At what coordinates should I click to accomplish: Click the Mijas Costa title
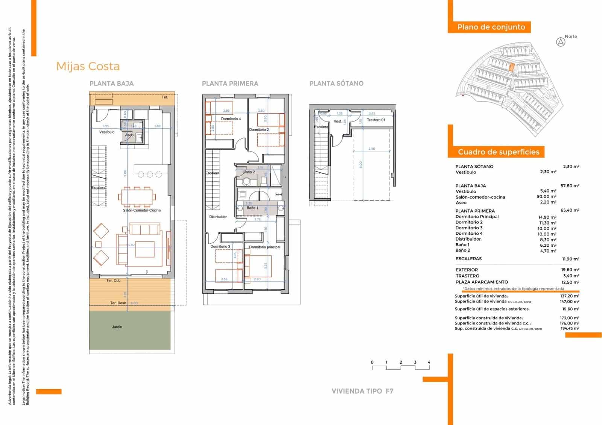pos(88,67)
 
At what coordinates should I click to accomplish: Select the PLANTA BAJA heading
pos(111,83)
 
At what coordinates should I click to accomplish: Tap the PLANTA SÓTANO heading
pos(336,83)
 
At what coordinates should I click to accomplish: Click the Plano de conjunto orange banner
pos(491,27)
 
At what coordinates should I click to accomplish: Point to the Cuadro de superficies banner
pos(498,152)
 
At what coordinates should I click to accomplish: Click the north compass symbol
pos(561,42)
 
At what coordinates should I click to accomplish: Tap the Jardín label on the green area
pos(117,327)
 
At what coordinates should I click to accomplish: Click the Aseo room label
pos(129,135)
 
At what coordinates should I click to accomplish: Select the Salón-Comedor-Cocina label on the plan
pos(141,210)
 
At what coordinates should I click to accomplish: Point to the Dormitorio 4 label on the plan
pos(231,119)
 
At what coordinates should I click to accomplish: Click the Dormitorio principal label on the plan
pos(265,247)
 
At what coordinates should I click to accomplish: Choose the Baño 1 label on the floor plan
pos(252,208)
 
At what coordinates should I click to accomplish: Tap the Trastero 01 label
pos(376,120)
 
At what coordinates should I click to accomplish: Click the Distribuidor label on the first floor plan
pos(218,217)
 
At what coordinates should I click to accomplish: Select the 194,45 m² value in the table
pos(569,328)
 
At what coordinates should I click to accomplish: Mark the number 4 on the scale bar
pos(429,362)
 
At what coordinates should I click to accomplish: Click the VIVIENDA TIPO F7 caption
pos(362,391)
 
